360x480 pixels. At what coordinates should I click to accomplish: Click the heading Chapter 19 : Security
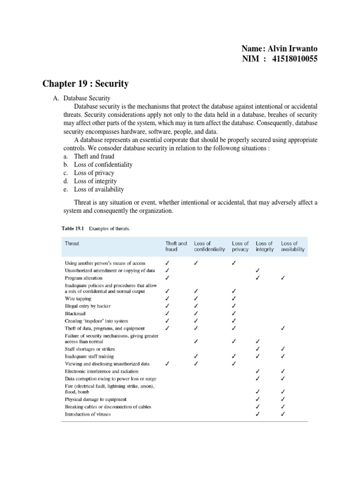tap(85, 84)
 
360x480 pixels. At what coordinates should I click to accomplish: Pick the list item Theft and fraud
tap(94, 156)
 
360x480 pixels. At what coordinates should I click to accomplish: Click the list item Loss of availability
tap(99, 189)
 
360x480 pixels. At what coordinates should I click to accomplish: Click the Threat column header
tap(72, 243)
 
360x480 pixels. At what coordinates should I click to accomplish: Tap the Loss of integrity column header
tap(264, 246)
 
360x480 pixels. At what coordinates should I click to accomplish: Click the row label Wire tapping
tap(78, 298)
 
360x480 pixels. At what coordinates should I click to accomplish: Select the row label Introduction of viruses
tap(88, 414)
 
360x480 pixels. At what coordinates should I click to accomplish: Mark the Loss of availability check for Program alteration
tap(283, 277)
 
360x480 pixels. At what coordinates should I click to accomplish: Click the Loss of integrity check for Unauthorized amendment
tap(257, 270)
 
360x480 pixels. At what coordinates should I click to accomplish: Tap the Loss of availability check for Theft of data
tap(283, 328)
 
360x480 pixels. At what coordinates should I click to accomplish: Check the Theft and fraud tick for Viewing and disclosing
tap(167, 363)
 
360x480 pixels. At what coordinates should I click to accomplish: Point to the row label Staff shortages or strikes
tap(90, 349)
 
